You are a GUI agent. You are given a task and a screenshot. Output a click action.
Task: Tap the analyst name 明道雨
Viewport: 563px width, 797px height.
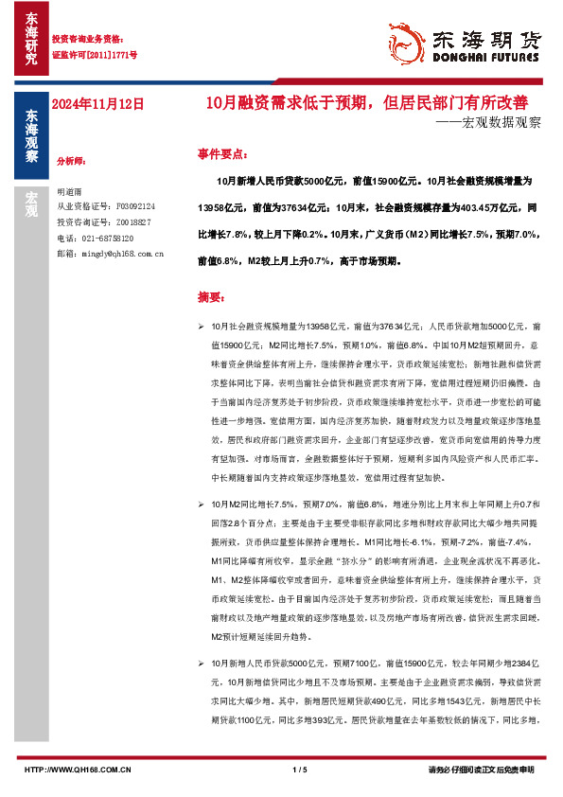[70, 190]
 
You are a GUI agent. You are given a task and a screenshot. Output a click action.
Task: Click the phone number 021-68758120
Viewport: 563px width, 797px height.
[108, 238]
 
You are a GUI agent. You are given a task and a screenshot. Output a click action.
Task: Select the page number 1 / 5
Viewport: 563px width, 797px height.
[301, 770]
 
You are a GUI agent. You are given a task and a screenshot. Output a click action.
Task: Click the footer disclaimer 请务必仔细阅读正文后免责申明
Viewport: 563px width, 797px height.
[482, 770]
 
